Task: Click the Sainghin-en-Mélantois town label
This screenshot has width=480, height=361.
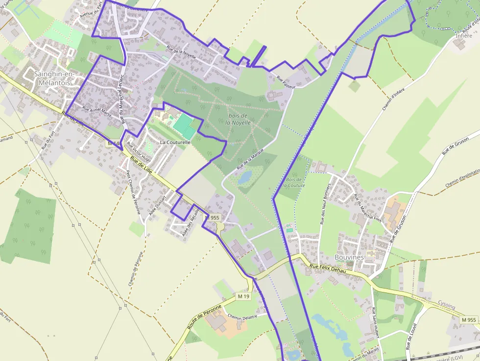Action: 52,78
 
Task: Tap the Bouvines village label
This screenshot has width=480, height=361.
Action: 349,257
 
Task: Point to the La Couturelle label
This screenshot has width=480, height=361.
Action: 175,142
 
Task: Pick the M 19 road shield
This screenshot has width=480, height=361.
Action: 243,296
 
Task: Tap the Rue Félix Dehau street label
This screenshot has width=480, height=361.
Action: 328,268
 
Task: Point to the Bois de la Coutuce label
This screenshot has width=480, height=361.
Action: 294,183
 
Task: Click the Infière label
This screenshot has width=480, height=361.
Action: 464,36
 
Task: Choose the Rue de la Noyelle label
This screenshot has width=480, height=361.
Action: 181,52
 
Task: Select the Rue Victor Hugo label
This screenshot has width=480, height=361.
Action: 139,152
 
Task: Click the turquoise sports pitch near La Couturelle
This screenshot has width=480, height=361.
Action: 184,125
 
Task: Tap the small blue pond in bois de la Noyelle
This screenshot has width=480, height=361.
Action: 245,177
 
